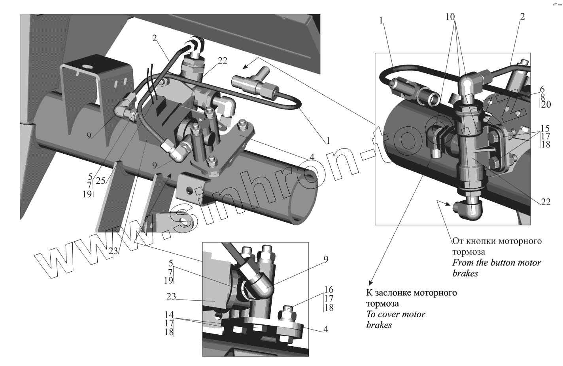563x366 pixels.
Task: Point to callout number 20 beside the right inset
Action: point(546,105)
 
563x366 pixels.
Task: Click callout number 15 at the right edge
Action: point(545,128)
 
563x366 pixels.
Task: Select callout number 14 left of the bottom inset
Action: point(169,315)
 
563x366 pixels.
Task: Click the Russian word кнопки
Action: point(480,241)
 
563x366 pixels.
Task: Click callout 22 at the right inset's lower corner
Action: point(546,202)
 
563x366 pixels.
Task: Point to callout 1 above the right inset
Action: point(381,21)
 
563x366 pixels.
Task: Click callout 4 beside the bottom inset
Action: point(325,329)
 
